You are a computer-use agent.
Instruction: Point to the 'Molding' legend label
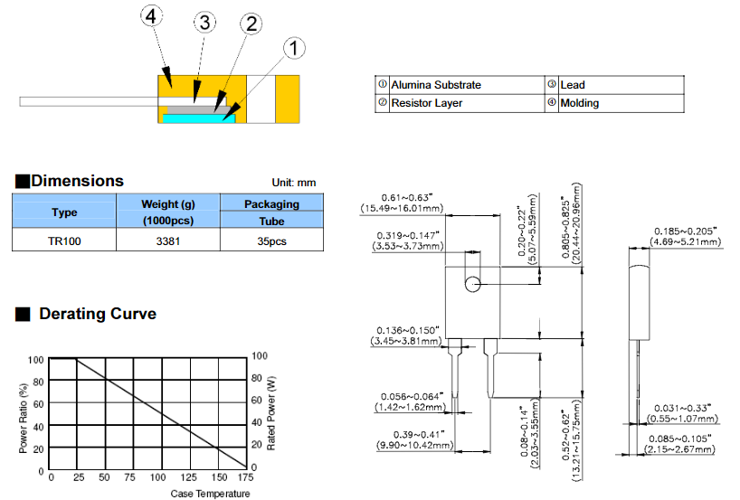(579, 103)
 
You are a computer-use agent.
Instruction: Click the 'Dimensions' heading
(77, 181)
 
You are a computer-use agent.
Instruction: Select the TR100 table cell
(63, 241)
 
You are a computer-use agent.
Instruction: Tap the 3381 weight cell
(168, 241)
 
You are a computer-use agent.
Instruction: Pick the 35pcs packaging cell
(271, 241)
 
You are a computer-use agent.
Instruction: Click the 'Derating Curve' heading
(97, 314)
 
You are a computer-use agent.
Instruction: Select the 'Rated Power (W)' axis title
(270, 414)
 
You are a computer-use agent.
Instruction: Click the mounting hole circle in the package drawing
(472, 285)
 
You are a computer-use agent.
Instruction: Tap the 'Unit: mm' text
(294, 184)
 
